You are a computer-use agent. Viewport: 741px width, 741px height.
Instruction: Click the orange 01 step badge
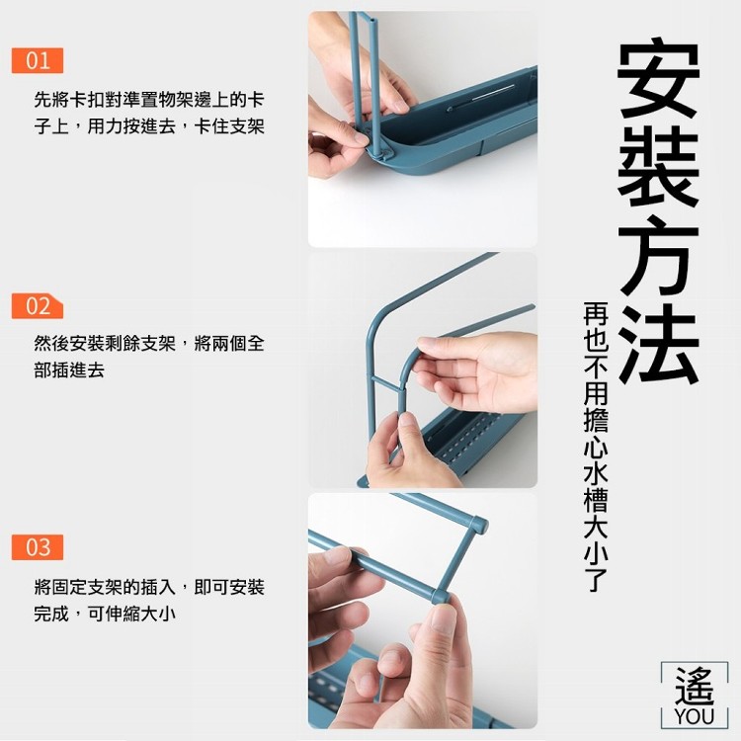pyautogui.click(x=38, y=60)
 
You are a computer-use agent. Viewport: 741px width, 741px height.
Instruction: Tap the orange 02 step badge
pyautogui.click(x=38, y=305)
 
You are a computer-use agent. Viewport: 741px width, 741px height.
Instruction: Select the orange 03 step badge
pyautogui.click(x=38, y=547)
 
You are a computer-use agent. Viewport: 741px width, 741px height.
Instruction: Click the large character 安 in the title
pyautogui.click(x=657, y=79)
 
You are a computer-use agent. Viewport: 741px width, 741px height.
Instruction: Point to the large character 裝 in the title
pyautogui.click(x=657, y=168)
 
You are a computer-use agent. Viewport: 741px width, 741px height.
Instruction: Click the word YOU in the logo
pyautogui.click(x=694, y=716)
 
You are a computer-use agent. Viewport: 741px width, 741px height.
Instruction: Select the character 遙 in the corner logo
pyautogui.click(x=694, y=687)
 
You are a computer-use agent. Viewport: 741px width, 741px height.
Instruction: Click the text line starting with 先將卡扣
pyautogui.click(x=149, y=100)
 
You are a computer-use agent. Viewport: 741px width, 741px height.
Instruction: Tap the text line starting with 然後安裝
pyautogui.click(x=149, y=343)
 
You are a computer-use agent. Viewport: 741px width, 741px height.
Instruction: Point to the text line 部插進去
pyautogui.click(x=69, y=370)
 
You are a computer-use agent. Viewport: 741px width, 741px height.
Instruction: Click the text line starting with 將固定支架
pyautogui.click(x=149, y=588)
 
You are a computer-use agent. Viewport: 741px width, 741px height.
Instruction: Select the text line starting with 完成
pyautogui.click(x=105, y=614)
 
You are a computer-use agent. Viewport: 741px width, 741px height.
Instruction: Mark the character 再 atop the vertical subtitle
pyautogui.click(x=596, y=314)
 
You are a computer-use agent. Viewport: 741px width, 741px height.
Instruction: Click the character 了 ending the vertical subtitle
pyautogui.click(x=596, y=580)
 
